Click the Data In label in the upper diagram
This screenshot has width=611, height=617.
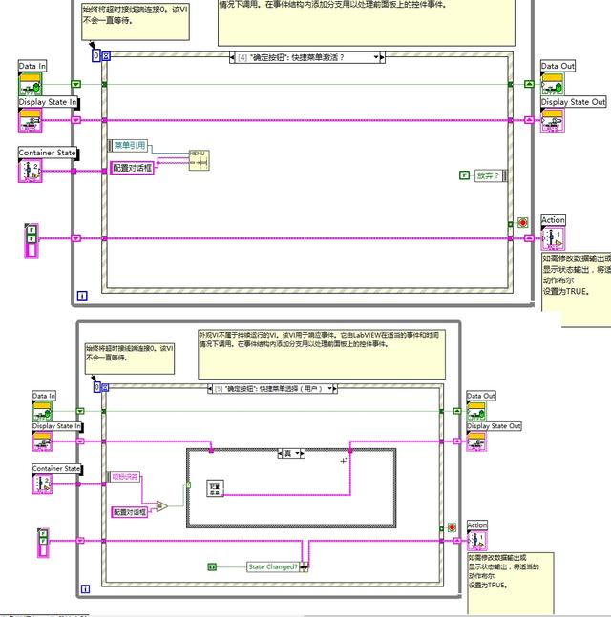[32, 66]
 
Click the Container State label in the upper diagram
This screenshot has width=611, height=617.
[48, 153]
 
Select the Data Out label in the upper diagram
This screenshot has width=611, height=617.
[558, 66]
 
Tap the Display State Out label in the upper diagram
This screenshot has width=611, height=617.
[574, 102]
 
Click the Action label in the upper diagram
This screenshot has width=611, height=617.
[554, 220]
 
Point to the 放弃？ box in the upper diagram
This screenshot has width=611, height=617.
[488, 175]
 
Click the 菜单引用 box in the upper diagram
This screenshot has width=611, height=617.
[131, 145]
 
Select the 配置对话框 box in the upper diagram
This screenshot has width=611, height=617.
[133, 168]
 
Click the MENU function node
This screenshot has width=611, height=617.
[199, 159]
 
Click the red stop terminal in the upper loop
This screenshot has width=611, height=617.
[522, 223]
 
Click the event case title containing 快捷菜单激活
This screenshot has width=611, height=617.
[304, 57]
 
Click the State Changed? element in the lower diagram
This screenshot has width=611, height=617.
[272, 566]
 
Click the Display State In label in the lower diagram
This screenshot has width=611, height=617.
[57, 426]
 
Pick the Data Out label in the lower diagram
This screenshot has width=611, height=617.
[481, 396]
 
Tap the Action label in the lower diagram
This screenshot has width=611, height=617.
[476, 525]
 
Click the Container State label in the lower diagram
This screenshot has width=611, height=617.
[54, 469]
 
